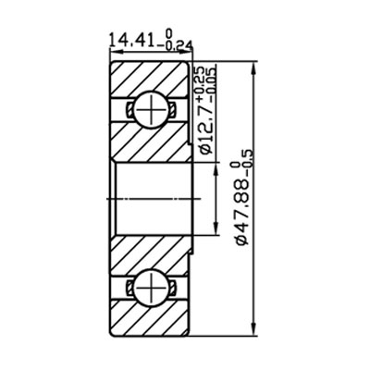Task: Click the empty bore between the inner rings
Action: [153, 198]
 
